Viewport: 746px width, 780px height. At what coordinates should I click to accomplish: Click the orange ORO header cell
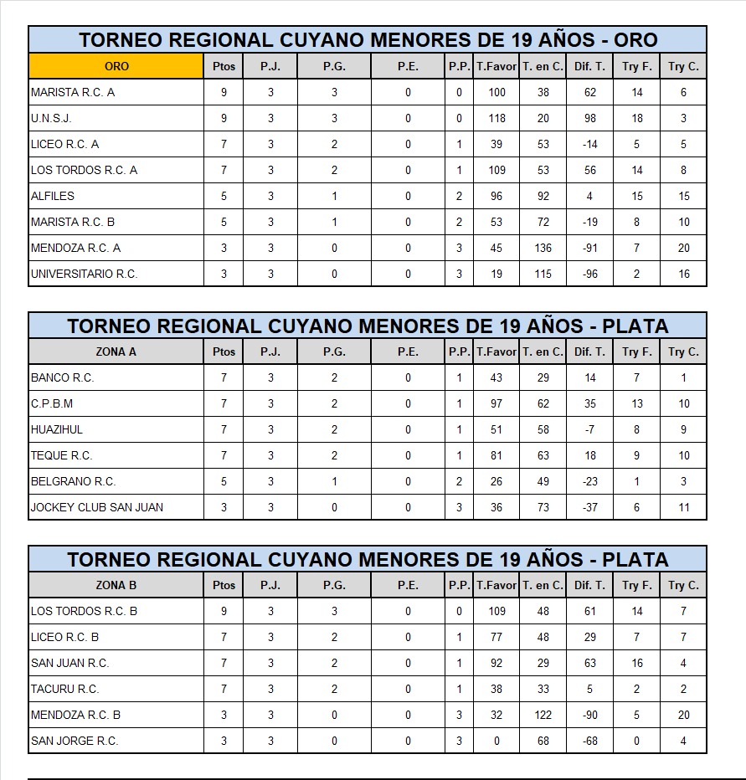(116, 66)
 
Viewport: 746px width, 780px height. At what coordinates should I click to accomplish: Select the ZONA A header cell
(116, 352)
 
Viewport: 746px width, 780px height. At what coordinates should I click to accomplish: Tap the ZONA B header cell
(116, 585)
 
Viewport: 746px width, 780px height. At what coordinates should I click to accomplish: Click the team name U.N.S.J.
(51, 119)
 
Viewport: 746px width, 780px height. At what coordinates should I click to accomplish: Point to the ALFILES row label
(53, 196)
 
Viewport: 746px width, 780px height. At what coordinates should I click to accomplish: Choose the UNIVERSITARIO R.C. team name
(84, 274)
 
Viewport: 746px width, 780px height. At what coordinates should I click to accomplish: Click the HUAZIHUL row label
(57, 429)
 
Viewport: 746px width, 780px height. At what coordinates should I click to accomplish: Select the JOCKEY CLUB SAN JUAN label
(97, 507)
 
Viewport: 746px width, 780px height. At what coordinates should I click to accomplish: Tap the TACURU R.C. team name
(64, 689)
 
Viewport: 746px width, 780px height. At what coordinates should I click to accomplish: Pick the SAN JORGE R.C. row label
(75, 741)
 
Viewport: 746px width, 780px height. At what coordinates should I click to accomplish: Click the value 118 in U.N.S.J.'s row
(496, 119)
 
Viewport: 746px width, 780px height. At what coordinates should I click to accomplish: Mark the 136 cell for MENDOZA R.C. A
(543, 248)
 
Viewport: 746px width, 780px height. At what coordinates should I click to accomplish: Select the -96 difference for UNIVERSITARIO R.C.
(590, 274)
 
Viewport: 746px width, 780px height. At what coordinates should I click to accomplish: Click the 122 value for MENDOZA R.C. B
(543, 715)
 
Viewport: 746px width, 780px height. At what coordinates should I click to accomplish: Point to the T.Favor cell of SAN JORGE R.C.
(496, 741)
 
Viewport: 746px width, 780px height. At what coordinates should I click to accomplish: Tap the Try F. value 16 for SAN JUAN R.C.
(637, 663)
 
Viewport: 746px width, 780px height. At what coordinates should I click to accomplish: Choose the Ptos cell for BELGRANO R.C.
(224, 481)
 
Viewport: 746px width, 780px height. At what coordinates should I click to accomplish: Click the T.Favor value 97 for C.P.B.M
(496, 403)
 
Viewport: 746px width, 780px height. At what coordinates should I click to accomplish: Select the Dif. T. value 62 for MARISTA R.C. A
(590, 93)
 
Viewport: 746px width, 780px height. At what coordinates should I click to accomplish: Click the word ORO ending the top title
(635, 39)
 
